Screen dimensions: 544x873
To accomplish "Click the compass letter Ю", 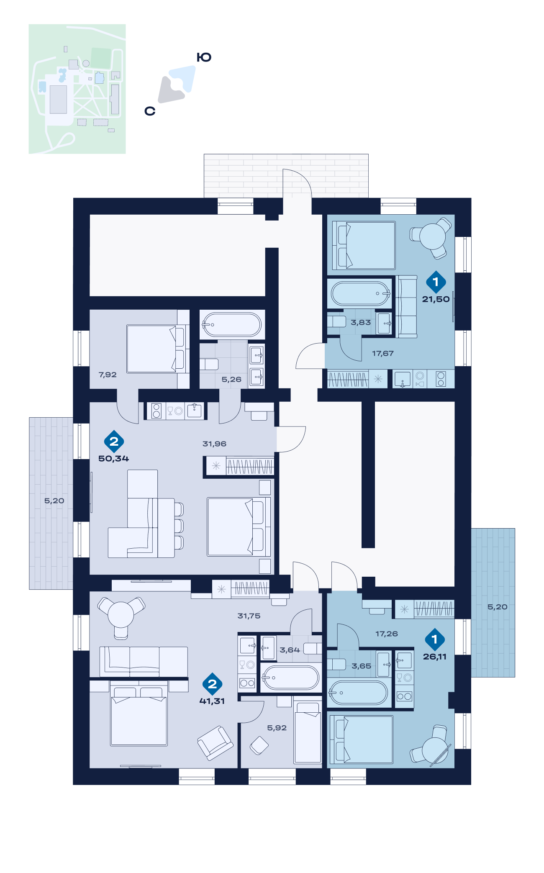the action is pyautogui.click(x=204, y=57).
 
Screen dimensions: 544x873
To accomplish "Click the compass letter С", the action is pyautogui.click(x=150, y=111).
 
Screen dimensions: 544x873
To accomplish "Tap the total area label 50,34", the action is pyautogui.click(x=113, y=459).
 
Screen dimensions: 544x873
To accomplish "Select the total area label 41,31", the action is pyautogui.click(x=212, y=701).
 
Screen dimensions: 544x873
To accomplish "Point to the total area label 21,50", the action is pyautogui.click(x=436, y=299).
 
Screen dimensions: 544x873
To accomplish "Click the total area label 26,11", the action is pyautogui.click(x=435, y=657).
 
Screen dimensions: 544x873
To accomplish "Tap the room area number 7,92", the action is pyautogui.click(x=108, y=375).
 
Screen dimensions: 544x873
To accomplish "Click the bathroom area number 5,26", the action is pyautogui.click(x=231, y=379).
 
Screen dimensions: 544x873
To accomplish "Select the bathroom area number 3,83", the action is pyautogui.click(x=361, y=322).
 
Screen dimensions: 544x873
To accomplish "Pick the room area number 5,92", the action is pyautogui.click(x=277, y=728).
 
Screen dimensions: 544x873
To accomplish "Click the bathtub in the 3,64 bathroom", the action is pyautogui.click(x=290, y=678).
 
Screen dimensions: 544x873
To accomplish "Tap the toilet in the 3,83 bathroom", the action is pyautogui.click(x=336, y=321).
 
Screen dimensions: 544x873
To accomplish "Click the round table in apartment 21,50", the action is pyautogui.click(x=433, y=236).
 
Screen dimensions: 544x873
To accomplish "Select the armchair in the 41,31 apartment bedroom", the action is pyautogui.click(x=215, y=743).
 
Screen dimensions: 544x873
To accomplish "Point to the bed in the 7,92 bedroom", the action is pyautogui.click(x=155, y=349).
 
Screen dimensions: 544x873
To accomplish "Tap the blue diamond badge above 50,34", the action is pyautogui.click(x=114, y=441).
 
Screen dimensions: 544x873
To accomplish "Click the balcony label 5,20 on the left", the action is pyautogui.click(x=54, y=501).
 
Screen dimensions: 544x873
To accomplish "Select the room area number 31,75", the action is pyautogui.click(x=249, y=616).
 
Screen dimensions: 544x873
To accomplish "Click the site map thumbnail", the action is pyautogui.click(x=77, y=89).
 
